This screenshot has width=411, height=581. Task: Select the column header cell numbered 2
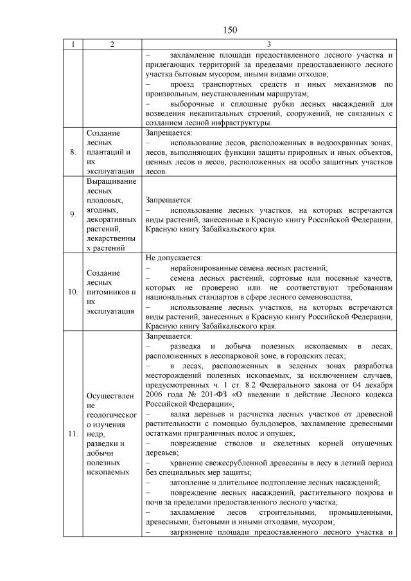point(112,44)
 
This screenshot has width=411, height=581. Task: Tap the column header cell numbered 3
point(269,44)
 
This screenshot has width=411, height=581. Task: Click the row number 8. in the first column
point(74,152)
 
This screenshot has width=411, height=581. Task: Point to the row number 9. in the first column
point(74,215)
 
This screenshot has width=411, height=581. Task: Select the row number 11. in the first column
point(74,435)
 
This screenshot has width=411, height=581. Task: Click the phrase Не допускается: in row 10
point(174,258)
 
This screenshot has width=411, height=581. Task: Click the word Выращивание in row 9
point(112,182)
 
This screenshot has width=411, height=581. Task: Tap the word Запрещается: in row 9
point(169,200)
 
